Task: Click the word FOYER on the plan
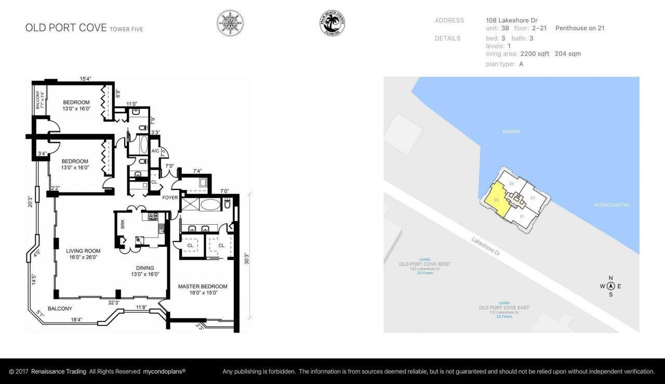(x=170, y=198)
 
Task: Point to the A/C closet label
(x=155, y=151)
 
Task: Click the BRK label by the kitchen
(x=123, y=224)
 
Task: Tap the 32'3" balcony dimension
(x=113, y=302)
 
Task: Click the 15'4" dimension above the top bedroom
(x=86, y=79)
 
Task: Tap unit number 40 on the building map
(x=532, y=198)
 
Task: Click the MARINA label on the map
(x=511, y=132)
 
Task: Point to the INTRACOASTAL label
(x=611, y=205)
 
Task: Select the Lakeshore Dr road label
(x=486, y=247)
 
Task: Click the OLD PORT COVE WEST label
(x=424, y=264)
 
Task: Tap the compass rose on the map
(x=610, y=286)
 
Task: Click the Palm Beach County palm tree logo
(x=332, y=23)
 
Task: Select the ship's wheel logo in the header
(x=230, y=23)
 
